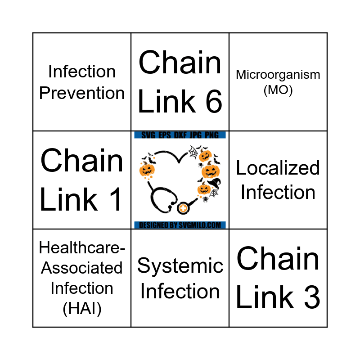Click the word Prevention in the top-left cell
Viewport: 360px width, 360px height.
coord(82,93)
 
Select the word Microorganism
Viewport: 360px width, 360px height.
coord(278,74)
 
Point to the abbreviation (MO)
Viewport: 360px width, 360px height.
coord(278,90)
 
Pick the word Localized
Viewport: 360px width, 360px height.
coord(278,168)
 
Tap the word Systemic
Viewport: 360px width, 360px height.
coord(180,266)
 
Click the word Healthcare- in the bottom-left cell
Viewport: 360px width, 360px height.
coord(82,247)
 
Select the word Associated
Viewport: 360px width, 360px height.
coord(82,268)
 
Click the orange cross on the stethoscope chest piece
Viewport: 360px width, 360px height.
coord(183,209)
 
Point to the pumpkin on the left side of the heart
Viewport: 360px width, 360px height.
coord(147,170)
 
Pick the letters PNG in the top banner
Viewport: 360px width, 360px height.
coord(214,135)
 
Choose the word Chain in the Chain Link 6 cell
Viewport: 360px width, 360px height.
coord(180,63)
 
